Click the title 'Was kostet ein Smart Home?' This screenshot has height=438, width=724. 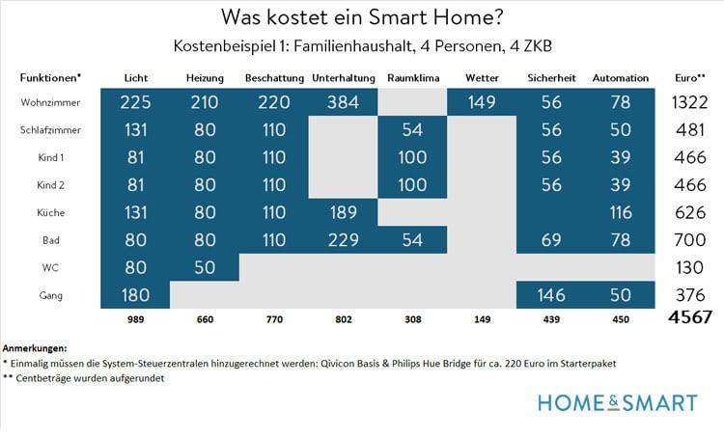[x=361, y=17]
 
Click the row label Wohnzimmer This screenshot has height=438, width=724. [x=50, y=102]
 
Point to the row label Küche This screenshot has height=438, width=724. [x=50, y=212]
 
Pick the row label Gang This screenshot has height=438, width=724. [x=50, y=294]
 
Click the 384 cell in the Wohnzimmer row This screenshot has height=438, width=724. [x=343, y=102]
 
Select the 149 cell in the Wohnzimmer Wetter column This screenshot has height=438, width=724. [x=482, y=102]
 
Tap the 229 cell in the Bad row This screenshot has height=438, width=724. [x=343, y=240]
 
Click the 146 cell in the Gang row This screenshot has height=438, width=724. [x=550, y=294]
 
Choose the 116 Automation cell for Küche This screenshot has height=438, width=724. [x=621, y=212]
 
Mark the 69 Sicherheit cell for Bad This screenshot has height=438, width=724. [x=550, y=240]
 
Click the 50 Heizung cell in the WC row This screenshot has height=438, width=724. [x=204, y=267]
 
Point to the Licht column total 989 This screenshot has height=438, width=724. [x=135, y=318]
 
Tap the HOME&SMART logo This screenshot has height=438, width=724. [x=618, y=402]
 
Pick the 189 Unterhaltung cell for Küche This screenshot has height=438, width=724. [x=343, y=212]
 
